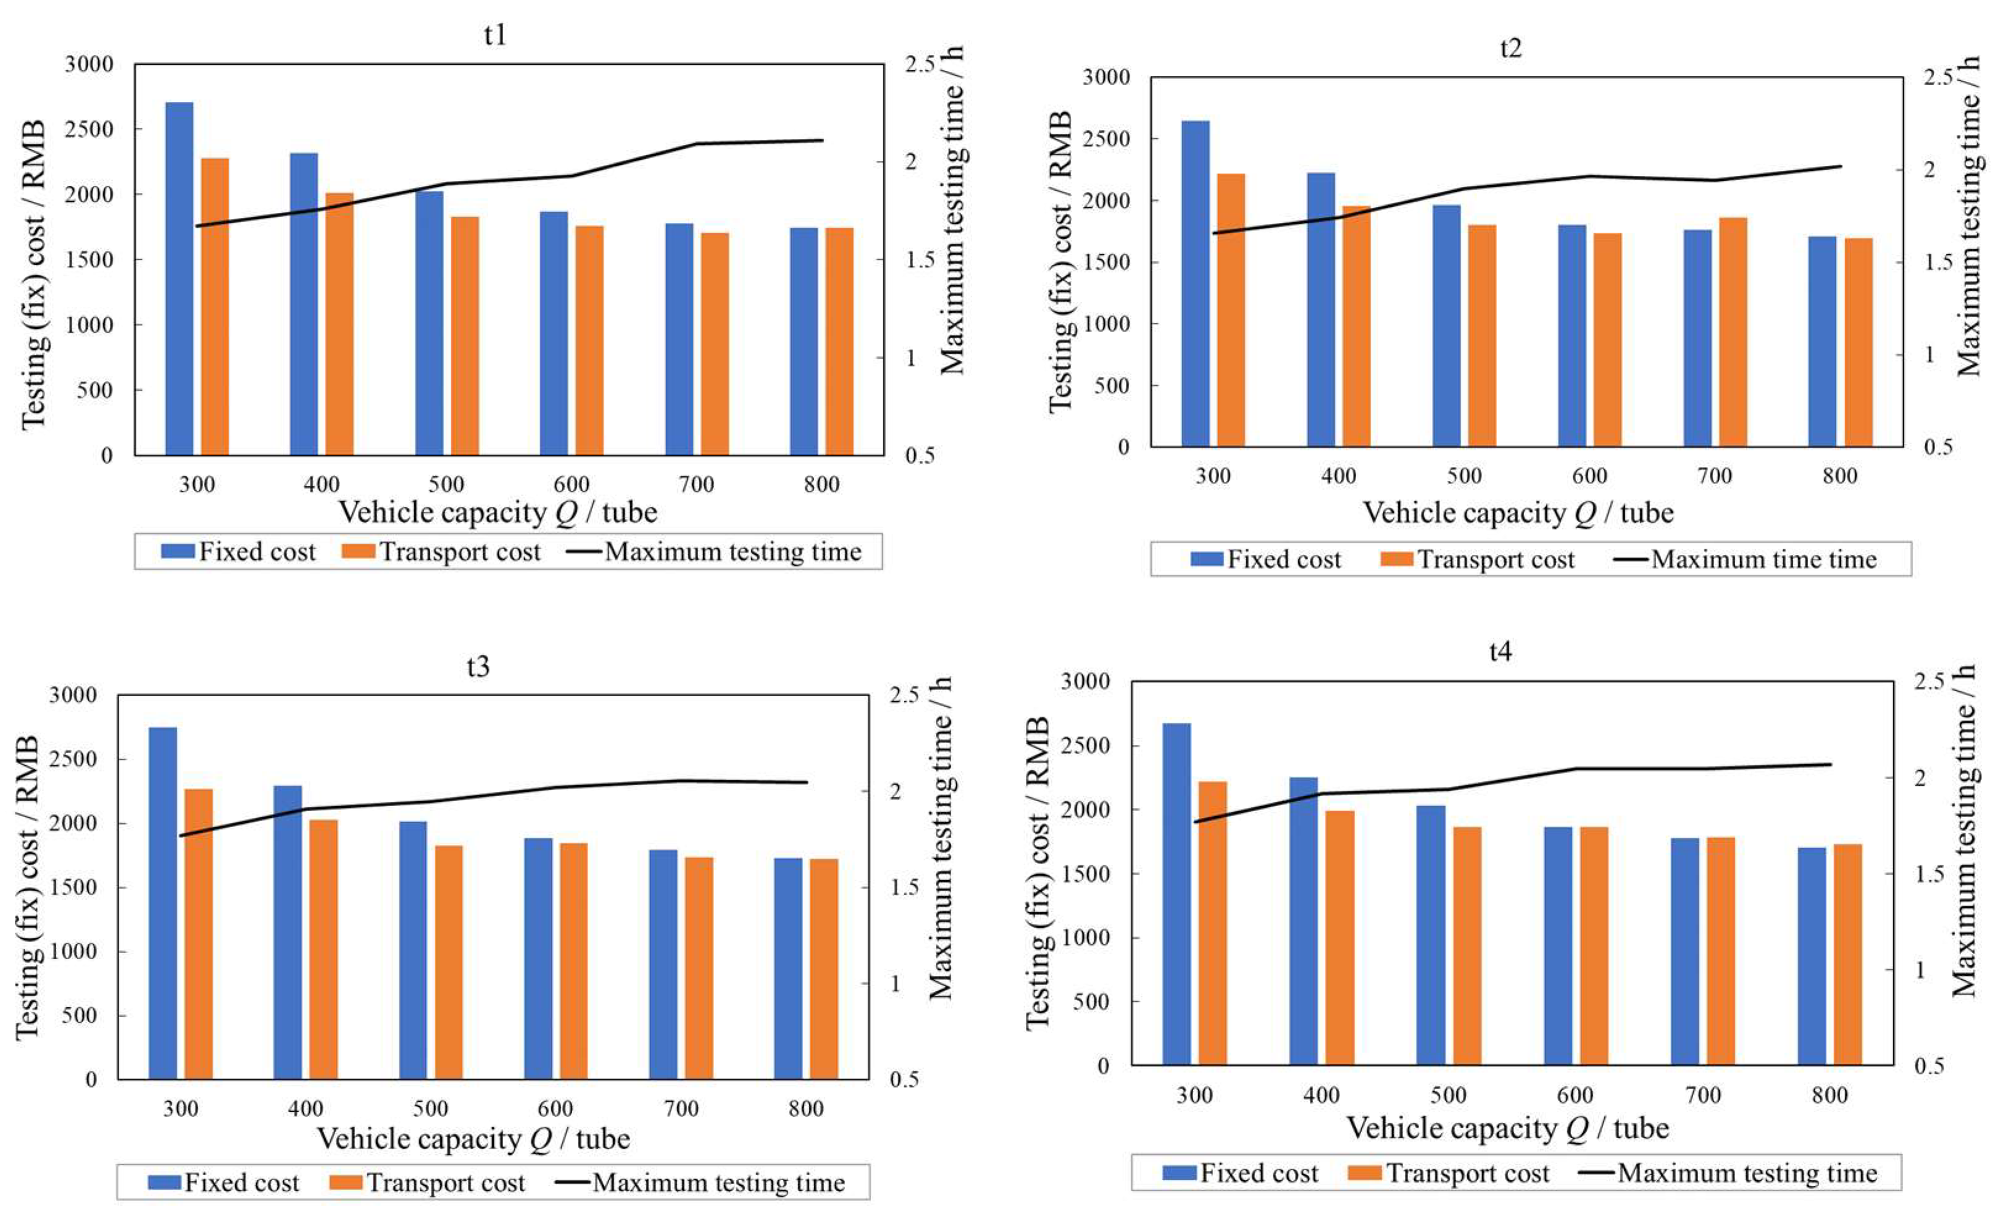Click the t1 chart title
pos(494,35)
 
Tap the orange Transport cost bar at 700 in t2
pos(1732,332)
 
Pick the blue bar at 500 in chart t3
pos(412,951)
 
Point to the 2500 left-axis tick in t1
pos(90,129)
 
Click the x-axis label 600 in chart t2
pos(1588,476)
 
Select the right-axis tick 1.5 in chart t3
pos(904,887)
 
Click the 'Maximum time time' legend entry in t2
pos(1763,559)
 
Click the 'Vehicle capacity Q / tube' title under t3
pos(473,1139)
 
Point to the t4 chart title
pos(1500,652)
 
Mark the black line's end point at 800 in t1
pos(822,140)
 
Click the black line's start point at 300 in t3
pos(181,836)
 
